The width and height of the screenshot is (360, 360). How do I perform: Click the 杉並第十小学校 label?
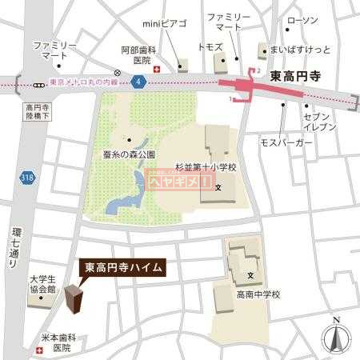pyautogui.click(x=208, y=168)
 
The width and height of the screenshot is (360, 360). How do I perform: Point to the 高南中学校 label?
pyautogui.click(x=258, y=294)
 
